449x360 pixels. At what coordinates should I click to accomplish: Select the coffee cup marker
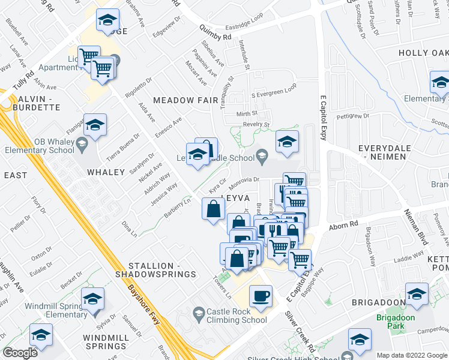(261, 296)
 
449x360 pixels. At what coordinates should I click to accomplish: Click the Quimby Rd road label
(215, 37)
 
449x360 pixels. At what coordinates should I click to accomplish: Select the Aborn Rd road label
(342, 226)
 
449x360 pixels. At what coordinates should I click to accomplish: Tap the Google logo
(19, 352)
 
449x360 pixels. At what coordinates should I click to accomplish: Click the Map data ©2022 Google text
(411, 355)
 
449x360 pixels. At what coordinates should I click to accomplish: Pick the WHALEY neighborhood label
(105, 172)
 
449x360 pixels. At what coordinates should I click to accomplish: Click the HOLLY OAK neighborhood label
(424, 53)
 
